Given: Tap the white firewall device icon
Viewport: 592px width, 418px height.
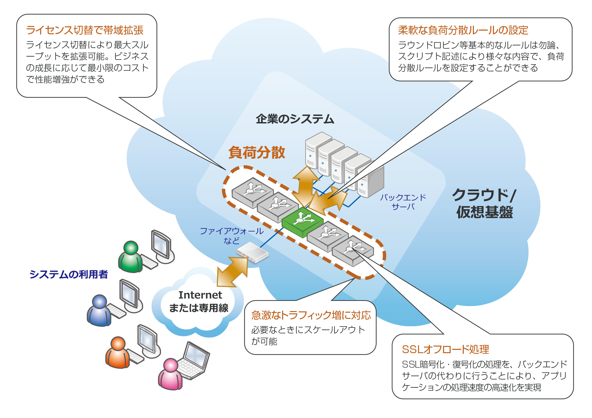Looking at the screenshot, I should [253, 253].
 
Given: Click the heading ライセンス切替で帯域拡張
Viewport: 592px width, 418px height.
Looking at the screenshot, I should [85, 30].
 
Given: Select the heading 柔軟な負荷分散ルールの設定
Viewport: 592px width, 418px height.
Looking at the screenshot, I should [463, 30].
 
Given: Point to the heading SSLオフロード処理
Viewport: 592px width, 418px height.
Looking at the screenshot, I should [445, 349].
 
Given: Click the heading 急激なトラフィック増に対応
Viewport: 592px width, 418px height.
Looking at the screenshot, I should [311, 315].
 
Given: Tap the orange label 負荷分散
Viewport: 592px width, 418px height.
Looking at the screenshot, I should [257, 152].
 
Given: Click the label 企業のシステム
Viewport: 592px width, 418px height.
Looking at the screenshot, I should [295, 119].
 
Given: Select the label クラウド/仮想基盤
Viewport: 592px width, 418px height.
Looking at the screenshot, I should [484, 203].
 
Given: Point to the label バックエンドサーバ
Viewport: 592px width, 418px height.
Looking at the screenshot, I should [403, 202].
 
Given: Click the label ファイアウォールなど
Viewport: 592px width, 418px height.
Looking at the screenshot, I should [232, 236].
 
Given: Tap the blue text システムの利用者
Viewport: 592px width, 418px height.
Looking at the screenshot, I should [68, 274].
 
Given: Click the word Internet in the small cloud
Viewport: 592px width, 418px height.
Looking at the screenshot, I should [200, 295].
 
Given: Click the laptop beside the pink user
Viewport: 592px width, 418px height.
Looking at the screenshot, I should [194, 360].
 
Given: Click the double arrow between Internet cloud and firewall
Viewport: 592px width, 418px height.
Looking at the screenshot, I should [232, 272].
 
